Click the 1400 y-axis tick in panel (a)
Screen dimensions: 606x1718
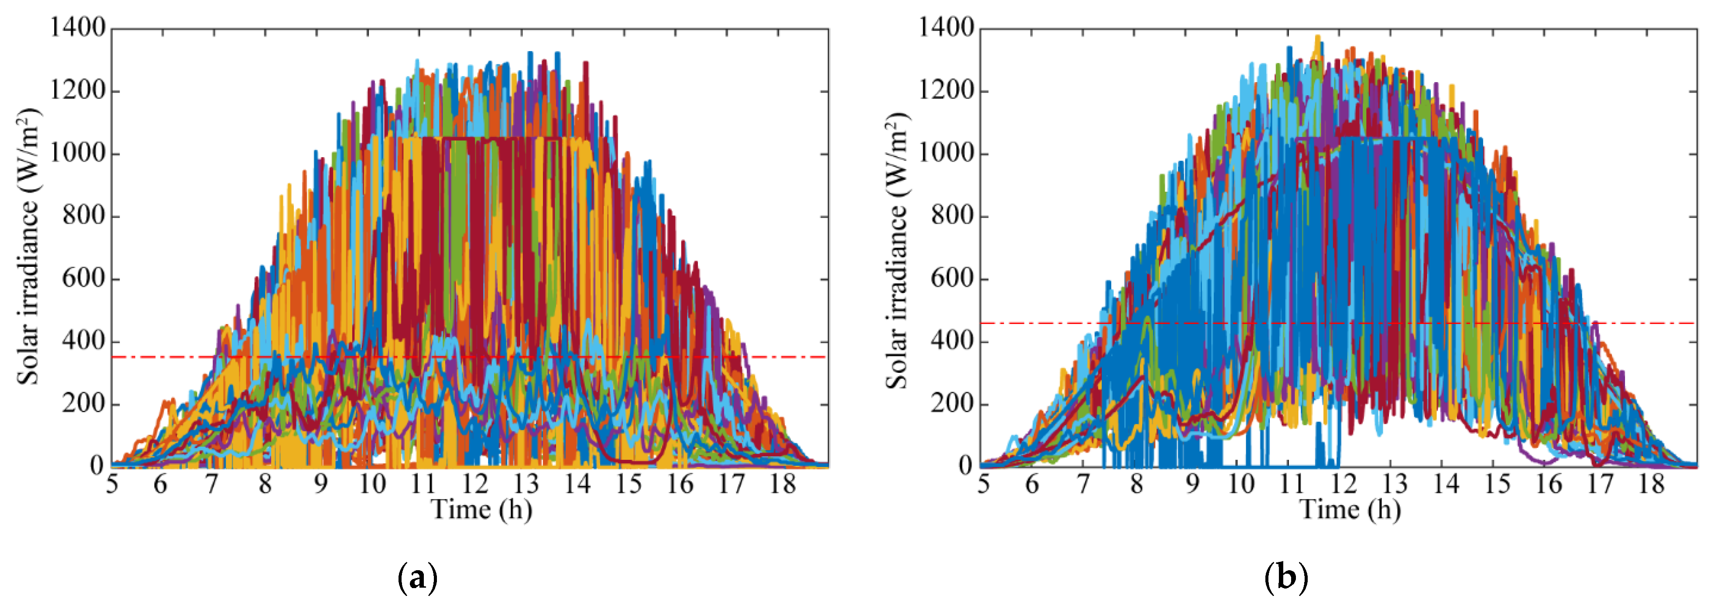coord(77,28)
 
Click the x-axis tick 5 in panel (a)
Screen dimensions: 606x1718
coord(112,483)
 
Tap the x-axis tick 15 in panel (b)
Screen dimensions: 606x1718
coord(1497,483)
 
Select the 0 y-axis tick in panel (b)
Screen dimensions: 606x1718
coord(966,466)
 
